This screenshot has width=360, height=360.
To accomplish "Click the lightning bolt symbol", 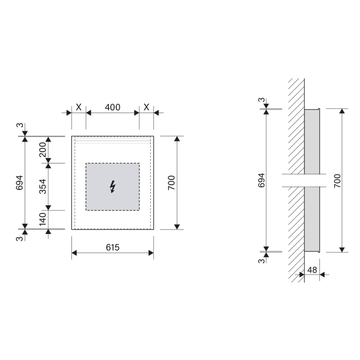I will [x=113, y=187].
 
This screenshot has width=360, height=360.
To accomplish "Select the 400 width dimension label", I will [x=113, y=107].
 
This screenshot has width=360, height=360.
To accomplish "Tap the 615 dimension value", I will [x=113, y=247].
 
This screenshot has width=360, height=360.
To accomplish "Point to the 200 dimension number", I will [x=43, y=150].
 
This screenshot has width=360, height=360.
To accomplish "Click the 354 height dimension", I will [x=43, y=187].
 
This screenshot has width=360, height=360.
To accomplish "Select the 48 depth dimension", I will [x=312, y=269].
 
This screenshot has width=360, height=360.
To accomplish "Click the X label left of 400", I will [x=79, y=107].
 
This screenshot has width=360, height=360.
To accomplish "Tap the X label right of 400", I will [x=147, y=107].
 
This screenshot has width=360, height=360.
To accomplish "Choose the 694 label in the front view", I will [x=20, y=183].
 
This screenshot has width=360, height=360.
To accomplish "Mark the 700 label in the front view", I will [x=172, y=183].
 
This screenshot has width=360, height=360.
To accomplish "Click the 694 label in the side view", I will [x=261, y=181].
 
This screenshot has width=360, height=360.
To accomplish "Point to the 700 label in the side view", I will [x=337, y=181].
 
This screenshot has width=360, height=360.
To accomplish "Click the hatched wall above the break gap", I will [x=296, y=129].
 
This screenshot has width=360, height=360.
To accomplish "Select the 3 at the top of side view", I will [x=261, y=100].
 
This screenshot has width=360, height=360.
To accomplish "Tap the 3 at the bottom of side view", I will [x=261, y=261].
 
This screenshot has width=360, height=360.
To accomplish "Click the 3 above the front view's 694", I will [x=20, y=127].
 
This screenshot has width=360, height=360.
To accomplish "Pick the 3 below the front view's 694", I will [x=20, y=239].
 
